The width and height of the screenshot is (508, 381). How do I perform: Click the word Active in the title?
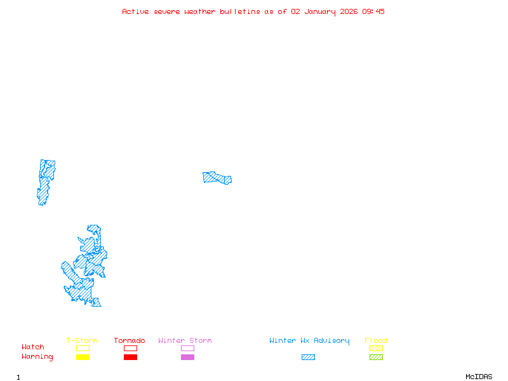(x=135, y=11)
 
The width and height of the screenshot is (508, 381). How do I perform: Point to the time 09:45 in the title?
(x=373, y=11)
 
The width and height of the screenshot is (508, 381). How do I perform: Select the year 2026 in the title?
(x=349, y=11)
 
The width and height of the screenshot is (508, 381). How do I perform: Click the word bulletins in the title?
(x=240, y=11)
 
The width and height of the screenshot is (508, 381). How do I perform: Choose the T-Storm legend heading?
(x=82, y=341)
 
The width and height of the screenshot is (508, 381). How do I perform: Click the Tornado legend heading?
(x=130, y=341)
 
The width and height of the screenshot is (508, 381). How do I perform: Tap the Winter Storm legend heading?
(x=185, y=341)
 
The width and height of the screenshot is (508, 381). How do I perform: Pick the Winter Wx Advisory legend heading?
(x=309, y=341)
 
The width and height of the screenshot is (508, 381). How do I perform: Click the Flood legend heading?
(x=376, y=341)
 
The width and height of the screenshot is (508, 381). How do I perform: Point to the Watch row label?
(x=33, y=347)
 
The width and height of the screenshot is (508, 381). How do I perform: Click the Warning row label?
(x=37, y=357)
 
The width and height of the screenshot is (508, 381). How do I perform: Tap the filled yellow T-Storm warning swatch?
(x=83, y=358)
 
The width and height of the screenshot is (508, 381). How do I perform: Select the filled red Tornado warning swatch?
(x=130, y=358)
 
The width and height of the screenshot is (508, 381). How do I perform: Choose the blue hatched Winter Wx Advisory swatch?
(x=308, y=358)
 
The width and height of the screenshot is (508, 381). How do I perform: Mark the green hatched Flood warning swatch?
(x=376, y=358)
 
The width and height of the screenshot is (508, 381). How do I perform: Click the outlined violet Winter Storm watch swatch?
(x=187, y=349)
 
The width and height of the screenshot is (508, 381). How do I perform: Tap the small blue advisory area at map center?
(x=217, y=177)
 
